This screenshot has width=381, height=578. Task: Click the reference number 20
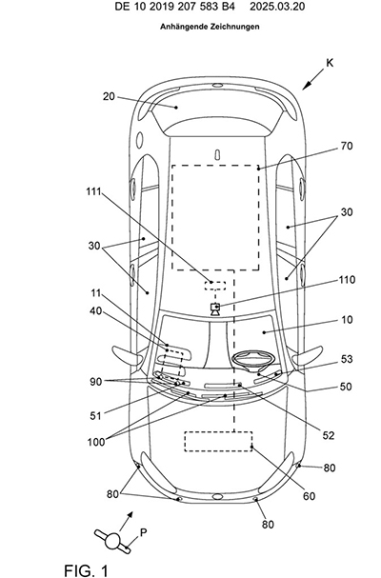coord(109,96)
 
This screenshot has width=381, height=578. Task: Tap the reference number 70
coord(347,146)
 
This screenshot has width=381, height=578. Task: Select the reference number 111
coord(93,191)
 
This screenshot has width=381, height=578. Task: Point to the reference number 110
coord(347,280)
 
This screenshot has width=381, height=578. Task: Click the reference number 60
coord(309,496)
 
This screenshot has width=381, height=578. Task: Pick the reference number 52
coord(329,436)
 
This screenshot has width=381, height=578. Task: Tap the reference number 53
coord(347,359)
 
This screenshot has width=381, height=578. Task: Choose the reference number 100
coord(96,442)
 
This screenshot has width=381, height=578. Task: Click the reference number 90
coord(95,382)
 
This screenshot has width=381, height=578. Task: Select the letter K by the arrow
coord(330,63)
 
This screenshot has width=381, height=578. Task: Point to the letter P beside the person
coord(144,532)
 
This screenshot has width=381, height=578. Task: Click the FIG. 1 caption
coord(87,570)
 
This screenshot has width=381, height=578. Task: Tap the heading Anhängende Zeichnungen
coord(210,27)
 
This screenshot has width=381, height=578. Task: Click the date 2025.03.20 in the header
coord(277,7)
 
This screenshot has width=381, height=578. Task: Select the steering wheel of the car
coord(253,358)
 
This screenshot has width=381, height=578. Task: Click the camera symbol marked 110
coord(215,309)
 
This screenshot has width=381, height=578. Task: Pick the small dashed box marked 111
coord(215,286)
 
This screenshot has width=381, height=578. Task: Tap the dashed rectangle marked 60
coord(218,441)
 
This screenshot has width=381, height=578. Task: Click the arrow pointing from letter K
coord(313,79)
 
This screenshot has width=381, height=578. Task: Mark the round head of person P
coord(112,541)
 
